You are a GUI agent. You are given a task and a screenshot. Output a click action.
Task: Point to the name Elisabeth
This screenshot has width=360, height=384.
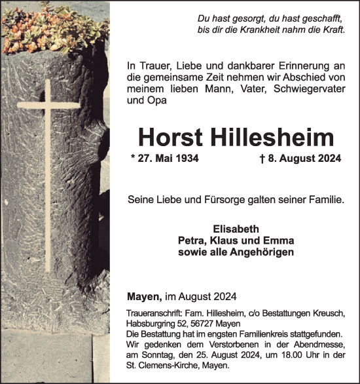point(236,229)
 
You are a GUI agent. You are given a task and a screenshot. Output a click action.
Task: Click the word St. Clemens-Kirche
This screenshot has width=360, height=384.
point(161,365)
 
